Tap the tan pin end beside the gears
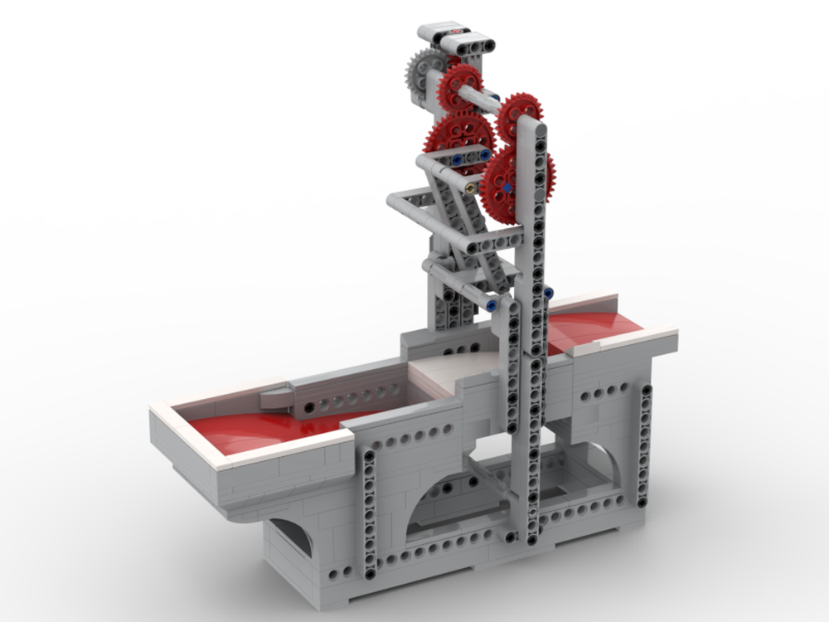coord(470,187)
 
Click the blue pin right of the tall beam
coord(549,293)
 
